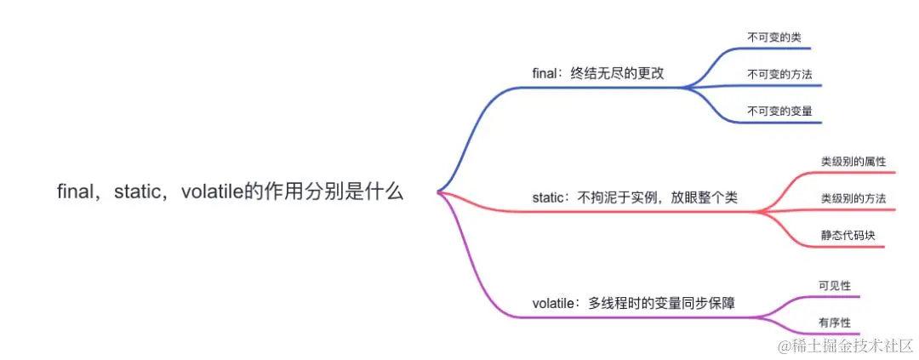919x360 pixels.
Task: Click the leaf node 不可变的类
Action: click(773, 37)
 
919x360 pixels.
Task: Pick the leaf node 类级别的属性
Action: click(853, 161)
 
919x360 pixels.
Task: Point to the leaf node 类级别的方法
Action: click(853, 197)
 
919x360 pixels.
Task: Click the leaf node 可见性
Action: click(834, 286)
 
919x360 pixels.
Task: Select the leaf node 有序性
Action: click(834, 323)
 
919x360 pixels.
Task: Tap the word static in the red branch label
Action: click(549, 197)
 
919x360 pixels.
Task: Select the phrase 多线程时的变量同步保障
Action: click(662, 303)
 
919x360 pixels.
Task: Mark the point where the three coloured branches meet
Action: click(437, 192)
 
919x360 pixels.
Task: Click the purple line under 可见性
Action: click(830, 297)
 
